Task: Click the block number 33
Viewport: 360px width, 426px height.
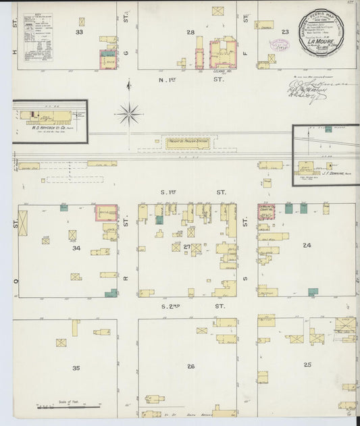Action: point(80,32)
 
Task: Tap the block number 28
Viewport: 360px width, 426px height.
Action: point(190,32)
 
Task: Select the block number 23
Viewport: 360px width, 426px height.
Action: point(285,32)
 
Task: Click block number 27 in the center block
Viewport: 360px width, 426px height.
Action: point(187,248)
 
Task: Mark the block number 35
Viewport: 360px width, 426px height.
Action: point(76,368)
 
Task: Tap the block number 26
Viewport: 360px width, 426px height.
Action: point(191,367)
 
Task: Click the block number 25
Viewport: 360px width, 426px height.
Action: point(307,365)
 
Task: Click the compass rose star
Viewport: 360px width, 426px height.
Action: point(128,113)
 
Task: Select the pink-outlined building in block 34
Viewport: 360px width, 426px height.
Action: point(105,213)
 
